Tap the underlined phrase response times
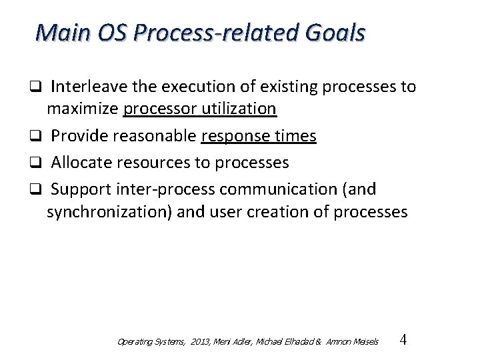tap(258, 137)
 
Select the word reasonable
tap(155, 137)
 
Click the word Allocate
tap(79, 162)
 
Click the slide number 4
tap(402, 340)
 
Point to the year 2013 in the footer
tap(200, 342)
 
